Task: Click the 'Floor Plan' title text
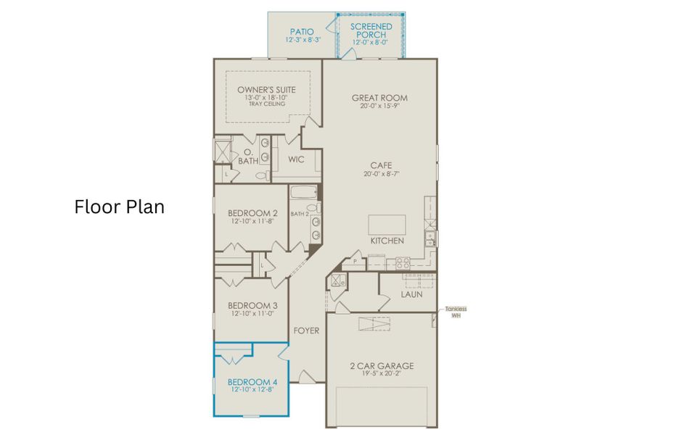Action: point(120,207)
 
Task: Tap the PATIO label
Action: point(302,32)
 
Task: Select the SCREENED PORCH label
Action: point(371,30)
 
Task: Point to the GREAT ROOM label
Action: point(379,98)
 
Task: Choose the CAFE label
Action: point(380,165)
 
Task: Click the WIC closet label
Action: point(296,159)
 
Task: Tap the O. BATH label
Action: point(248,156)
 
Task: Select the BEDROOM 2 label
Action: point(252,213)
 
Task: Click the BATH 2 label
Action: point(300,213)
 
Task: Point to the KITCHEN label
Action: point(387,241)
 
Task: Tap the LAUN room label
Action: point(411,294)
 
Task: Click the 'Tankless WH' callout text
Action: point(456,312)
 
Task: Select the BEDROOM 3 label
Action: point(252,305)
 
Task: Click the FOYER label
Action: point(306,331)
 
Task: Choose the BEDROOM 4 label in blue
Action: point(252,382)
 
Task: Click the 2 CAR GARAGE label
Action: point(381,366)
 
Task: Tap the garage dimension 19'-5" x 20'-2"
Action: point(381,375)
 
